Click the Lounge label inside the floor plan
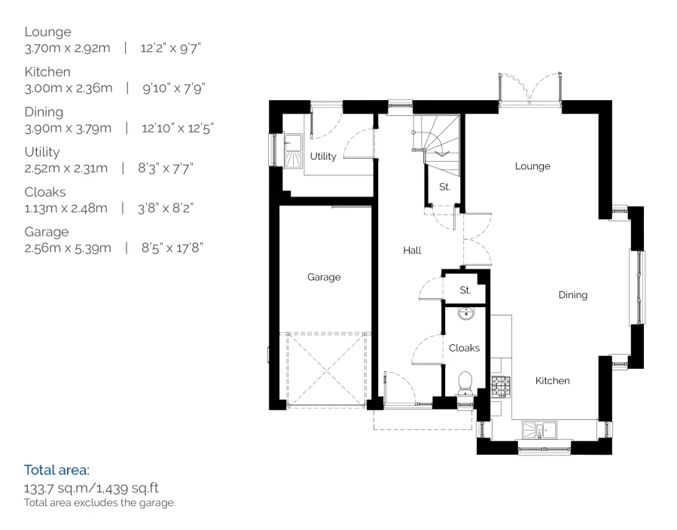point(532,166)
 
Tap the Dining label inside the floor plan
point(572,295)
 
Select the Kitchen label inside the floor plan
point(552,381)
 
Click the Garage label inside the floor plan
point(324,277)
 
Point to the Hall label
point(411,251)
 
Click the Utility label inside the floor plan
point(323,157)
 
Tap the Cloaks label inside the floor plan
point(464,348)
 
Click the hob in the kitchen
point(500,387)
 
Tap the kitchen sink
point(540,430)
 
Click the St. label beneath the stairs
point(444,187)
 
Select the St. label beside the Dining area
point(465,290)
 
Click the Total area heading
point(56,471)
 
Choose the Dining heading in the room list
point(44,111)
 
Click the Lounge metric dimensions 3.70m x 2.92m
point(68,48)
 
